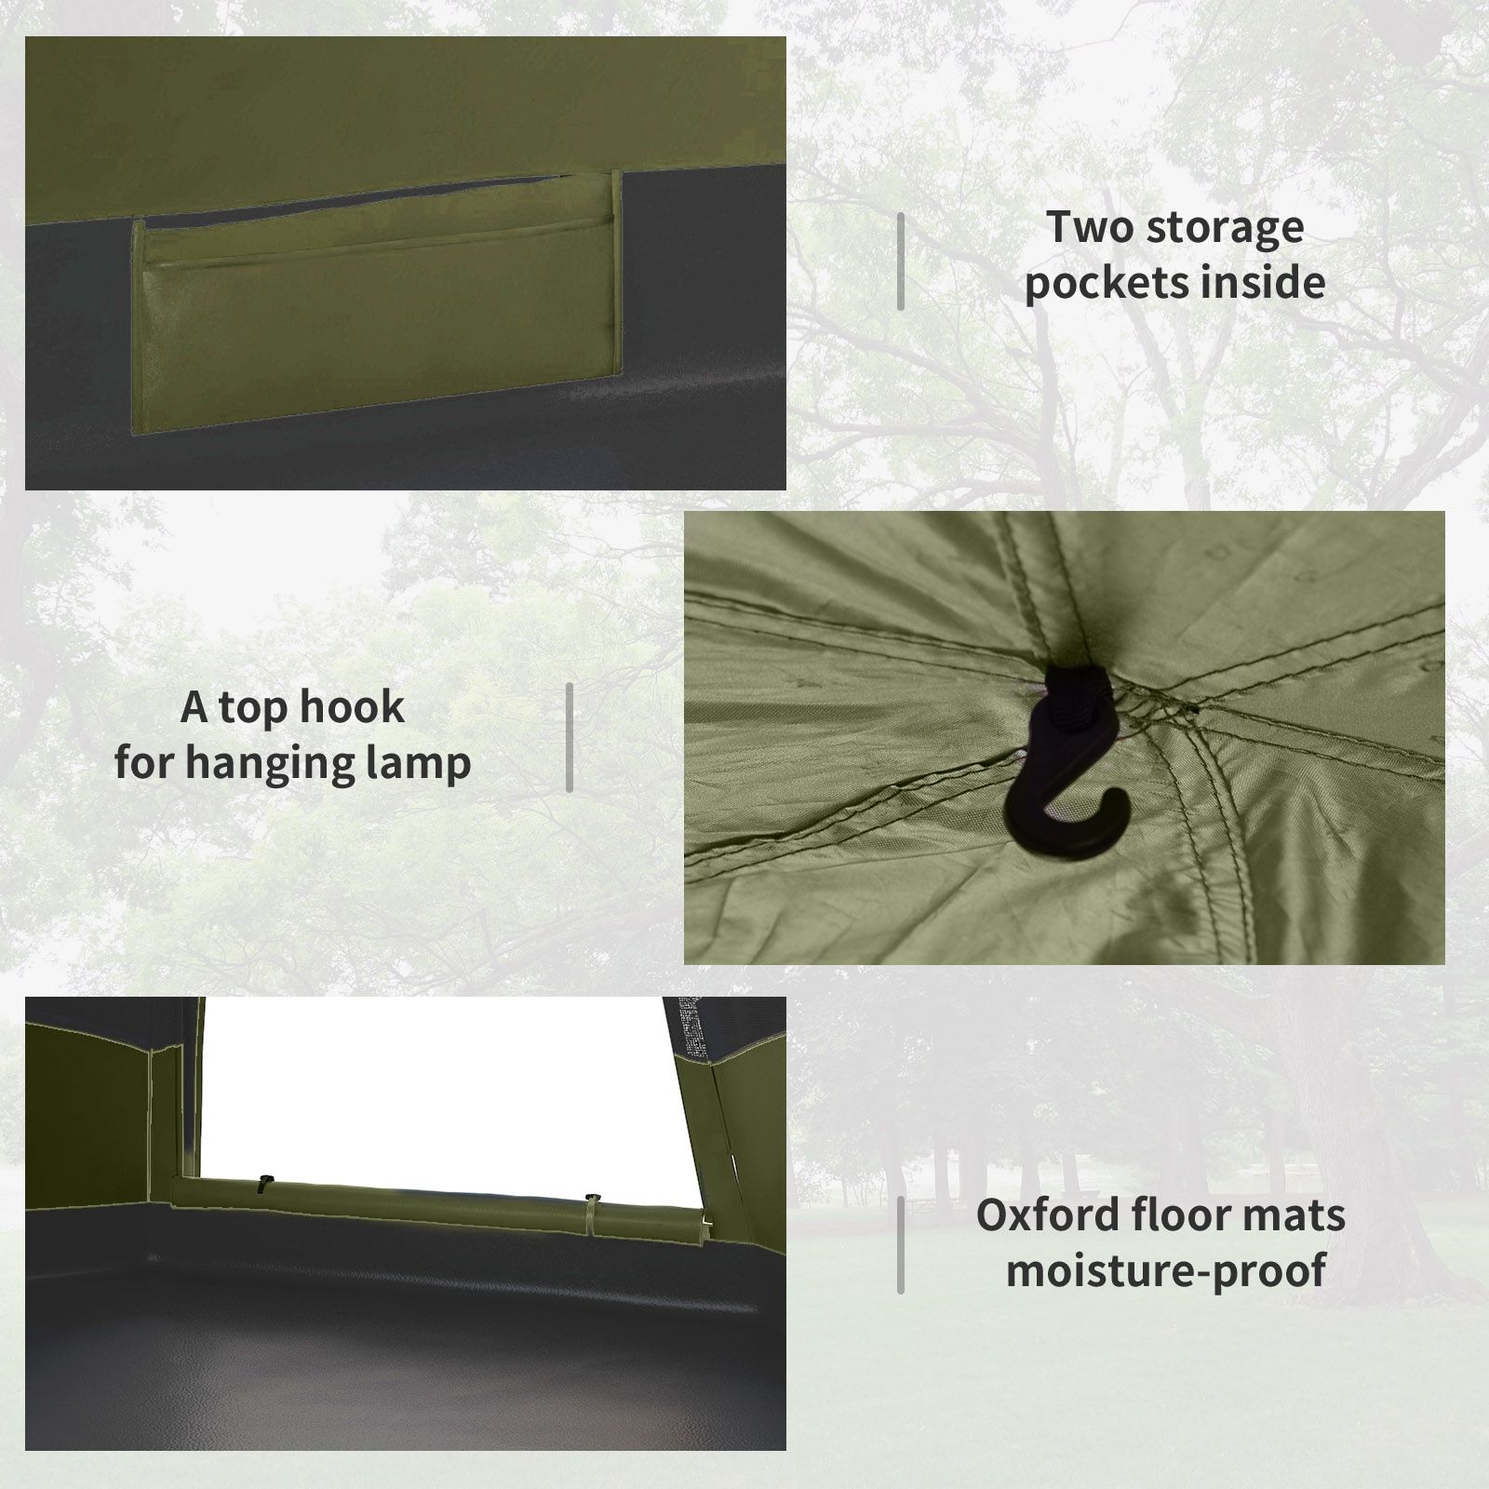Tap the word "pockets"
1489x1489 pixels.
pyautogui.click(x=1106, y=283)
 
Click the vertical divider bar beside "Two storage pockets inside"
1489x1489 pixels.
pyautogui.click(x=901, y=261)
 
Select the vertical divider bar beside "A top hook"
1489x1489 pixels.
pyautogui.click(x=570, y=737)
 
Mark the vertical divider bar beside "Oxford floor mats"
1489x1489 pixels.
pyautogui.click(x=901, y=1245)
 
